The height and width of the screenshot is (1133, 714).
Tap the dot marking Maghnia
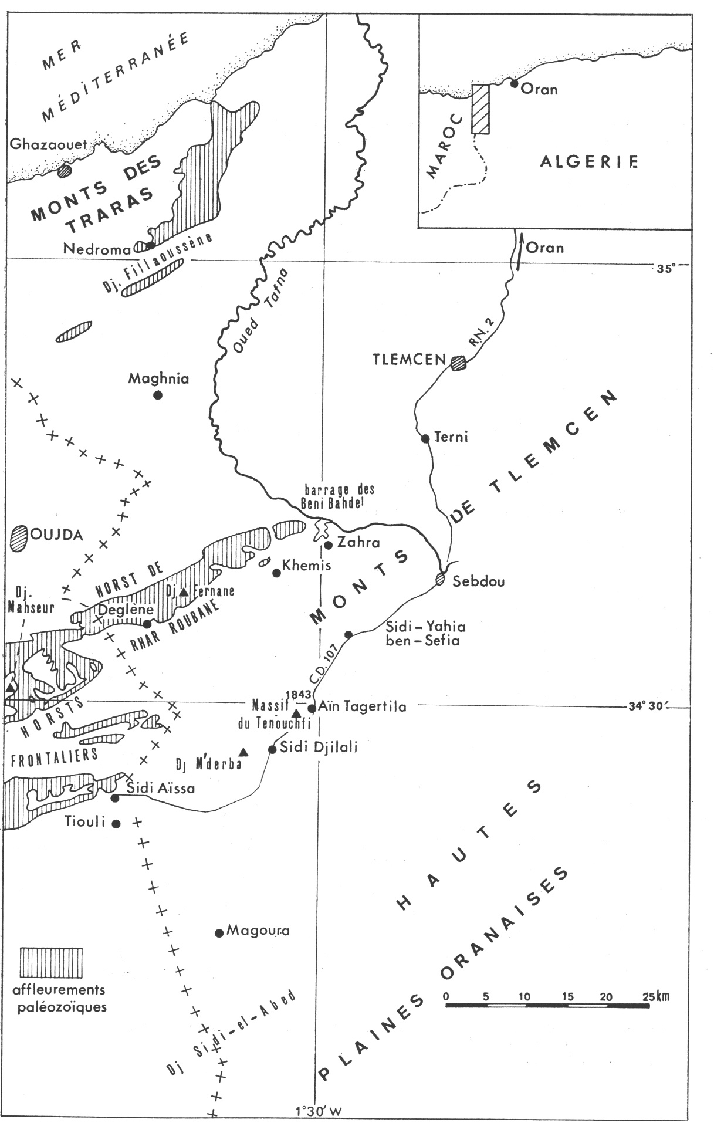tap(157, 395)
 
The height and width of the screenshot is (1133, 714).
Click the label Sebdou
tap(479, 581)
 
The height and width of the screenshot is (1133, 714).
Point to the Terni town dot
tap(426, 438)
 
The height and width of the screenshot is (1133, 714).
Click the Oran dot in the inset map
tap(514, 84)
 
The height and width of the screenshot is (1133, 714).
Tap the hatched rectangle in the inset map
tap(480, 109)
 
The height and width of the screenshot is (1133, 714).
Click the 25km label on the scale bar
tap(655, 996)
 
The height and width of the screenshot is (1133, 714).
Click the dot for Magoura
tap(219, 933)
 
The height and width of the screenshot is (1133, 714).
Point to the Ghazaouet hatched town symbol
tap(65, 171)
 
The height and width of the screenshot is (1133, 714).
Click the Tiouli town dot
tap(116, 824)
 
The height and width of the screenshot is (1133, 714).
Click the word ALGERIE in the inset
tap(588, 161)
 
